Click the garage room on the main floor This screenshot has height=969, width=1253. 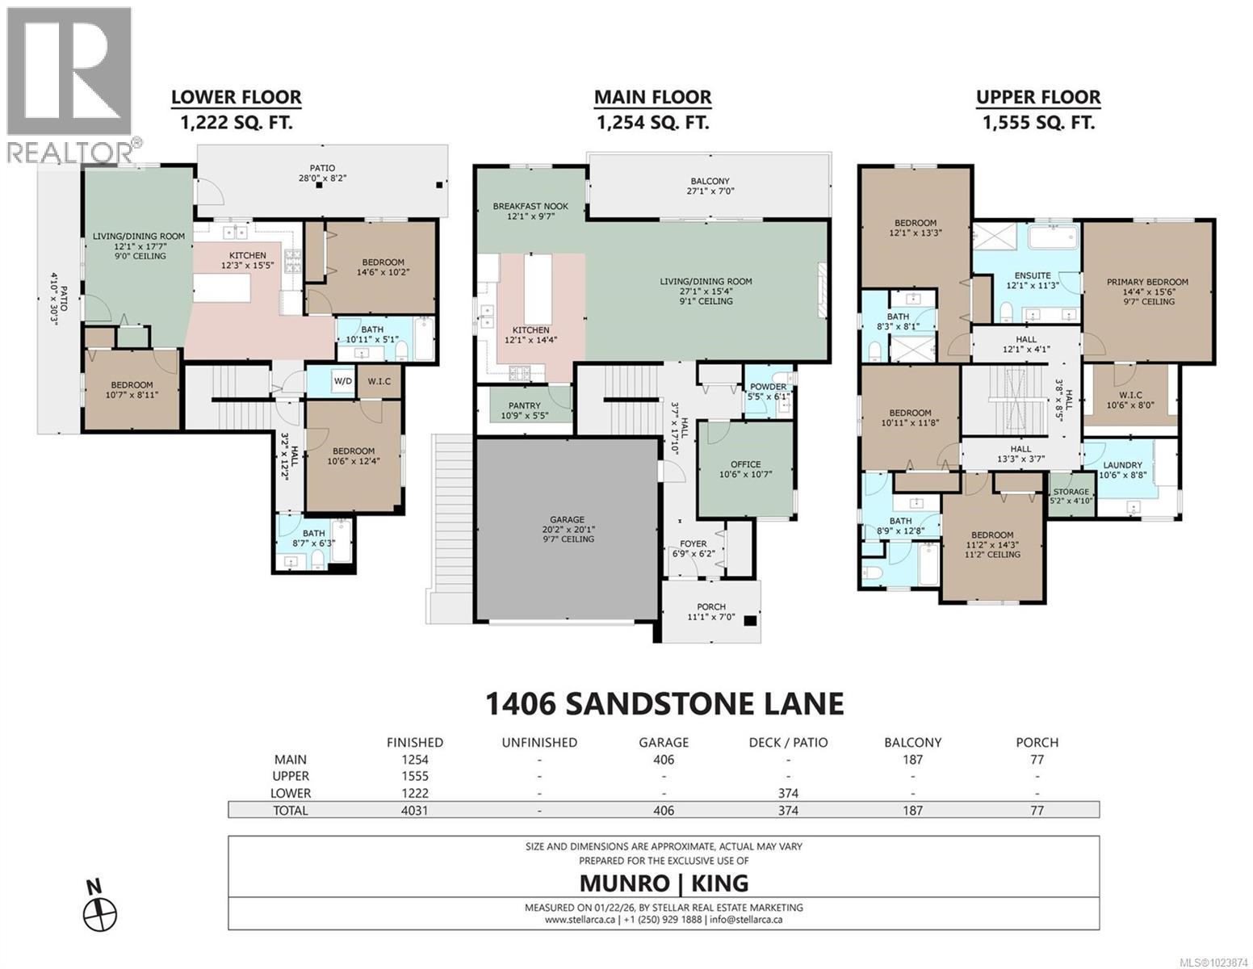(568, 529)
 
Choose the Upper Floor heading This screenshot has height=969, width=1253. (1037, 98)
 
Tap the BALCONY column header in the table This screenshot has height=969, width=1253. (912, 742)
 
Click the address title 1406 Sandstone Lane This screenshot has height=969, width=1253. (664, 703)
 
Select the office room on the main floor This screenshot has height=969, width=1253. (745, 469)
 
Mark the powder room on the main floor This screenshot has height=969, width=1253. (768, 392)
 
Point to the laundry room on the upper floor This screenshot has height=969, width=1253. (1122, 470)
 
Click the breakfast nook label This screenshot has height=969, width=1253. (530, 212)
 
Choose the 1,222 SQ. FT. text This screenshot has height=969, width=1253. (236, 123)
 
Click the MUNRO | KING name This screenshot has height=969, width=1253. (664, 883)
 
